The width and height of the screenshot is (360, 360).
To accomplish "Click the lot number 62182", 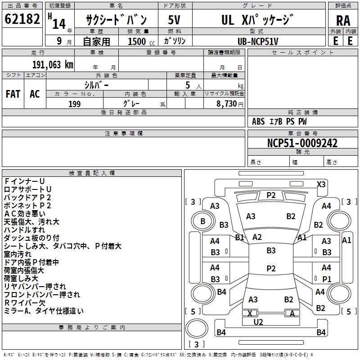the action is (x=22, y=19).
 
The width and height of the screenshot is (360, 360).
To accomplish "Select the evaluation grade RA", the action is (x=343, y=20).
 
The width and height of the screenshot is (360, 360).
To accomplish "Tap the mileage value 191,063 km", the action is (x=53, y=64).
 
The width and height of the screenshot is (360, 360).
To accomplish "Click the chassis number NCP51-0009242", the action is (x=302, y=143).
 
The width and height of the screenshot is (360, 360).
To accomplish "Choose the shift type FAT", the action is (x=13, y=94).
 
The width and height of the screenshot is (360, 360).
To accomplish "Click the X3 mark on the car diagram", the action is (x=321, y=184).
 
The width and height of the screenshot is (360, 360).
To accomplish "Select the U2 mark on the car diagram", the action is (x=258, y=322).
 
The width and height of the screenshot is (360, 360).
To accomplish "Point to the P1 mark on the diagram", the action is (x=327, y=279).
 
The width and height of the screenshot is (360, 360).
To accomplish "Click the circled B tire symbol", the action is (x=202, y=221).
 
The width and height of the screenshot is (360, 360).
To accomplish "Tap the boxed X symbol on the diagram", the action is (x=249, y=313).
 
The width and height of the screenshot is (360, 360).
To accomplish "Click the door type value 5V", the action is (x=175, y=20).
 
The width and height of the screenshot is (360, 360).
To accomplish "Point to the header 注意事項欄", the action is (x=123, y=133).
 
